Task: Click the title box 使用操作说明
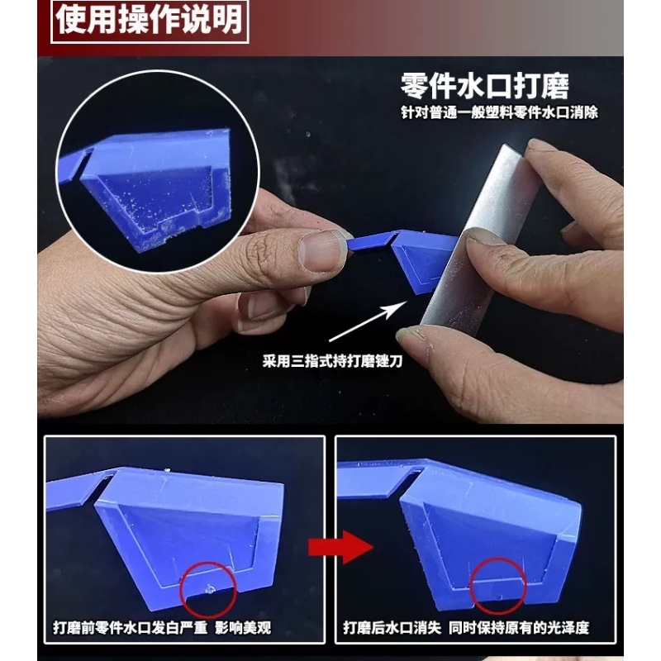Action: [150, 21]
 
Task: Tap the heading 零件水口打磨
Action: [485, 87]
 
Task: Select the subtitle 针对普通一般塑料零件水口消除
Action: [500, 112]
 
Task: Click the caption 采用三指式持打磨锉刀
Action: [333, 361]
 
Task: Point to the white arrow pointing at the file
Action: [368, 321]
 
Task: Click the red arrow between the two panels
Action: [341, 547]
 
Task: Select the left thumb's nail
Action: [321, 251]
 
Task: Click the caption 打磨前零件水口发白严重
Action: [131, 628]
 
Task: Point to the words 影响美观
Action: [243, 628]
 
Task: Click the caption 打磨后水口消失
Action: [392, 628]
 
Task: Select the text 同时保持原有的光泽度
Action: [519, 628]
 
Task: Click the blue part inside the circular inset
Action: [152, 185]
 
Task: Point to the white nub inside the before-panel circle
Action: [209, 589]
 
